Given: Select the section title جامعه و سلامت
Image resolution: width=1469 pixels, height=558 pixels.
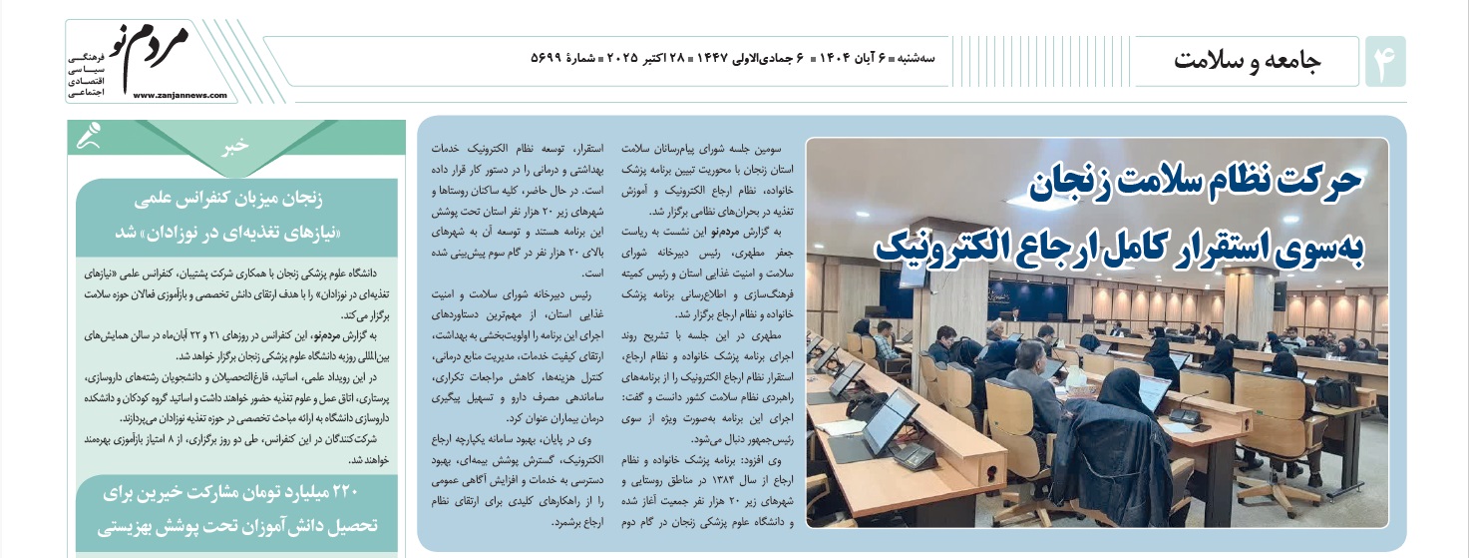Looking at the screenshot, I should (1248, 61).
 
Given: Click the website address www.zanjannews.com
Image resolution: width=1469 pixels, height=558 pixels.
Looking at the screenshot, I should (179, 96).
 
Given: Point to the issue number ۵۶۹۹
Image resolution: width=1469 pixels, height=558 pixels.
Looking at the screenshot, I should (547, 57).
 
